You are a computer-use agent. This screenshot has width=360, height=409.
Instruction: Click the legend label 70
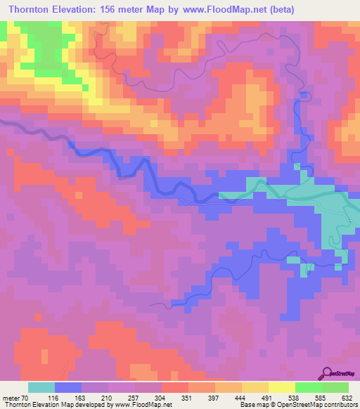coord(27,397)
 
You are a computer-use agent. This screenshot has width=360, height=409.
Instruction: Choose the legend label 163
coord(81,397)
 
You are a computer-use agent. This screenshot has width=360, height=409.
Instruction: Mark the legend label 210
coord(108,397)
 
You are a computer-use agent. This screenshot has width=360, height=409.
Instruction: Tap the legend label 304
coord(161,397)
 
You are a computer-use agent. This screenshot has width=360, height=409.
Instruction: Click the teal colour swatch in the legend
coord(41,387)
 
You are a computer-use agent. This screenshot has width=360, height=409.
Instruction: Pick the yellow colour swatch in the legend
coord(282,387)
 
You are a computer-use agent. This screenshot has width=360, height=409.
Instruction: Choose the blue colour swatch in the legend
coord(68,387)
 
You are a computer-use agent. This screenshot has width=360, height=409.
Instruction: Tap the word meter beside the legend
coord(11,397)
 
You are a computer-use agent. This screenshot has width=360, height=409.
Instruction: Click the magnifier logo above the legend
coord(328,374)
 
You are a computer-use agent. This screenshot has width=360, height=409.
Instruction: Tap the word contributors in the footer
coord(342,405)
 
